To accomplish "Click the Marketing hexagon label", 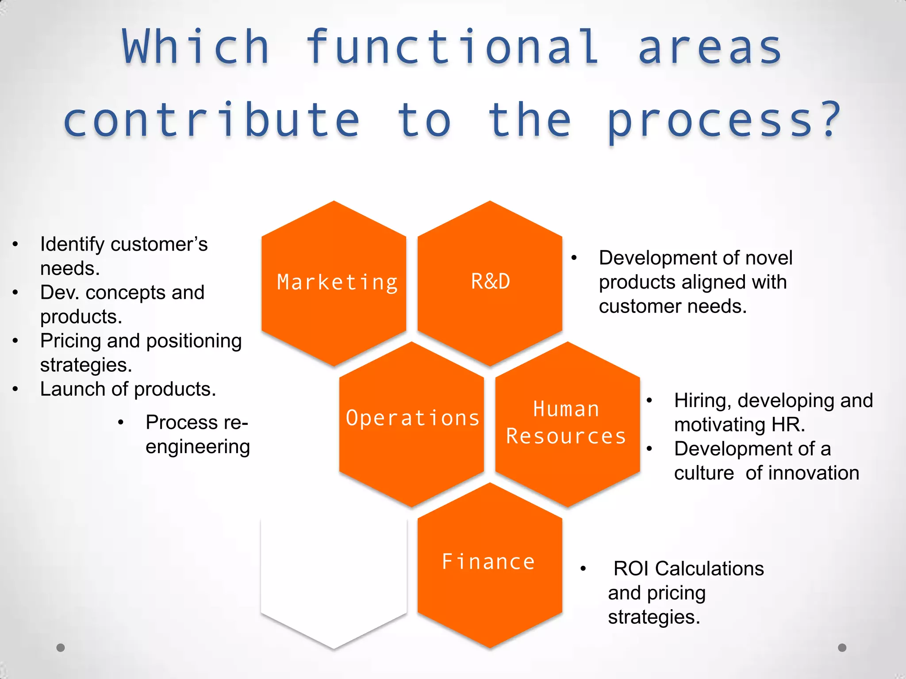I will point(337,282).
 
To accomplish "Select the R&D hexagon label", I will point(490,282).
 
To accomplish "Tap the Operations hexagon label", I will point(412,418).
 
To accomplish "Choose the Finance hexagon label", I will point(488,562).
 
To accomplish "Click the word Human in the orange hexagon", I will point(566,409).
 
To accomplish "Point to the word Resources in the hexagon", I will point(566,436).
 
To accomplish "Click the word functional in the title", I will point(452,47).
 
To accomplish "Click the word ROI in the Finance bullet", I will point(632,568).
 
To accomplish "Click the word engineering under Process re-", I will point(198,447).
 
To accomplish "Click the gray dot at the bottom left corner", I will point(61,648).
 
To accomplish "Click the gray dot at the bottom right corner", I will point(842,648).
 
